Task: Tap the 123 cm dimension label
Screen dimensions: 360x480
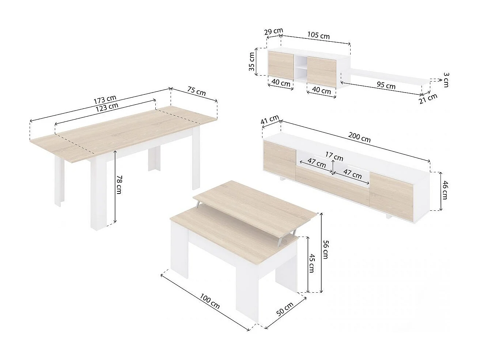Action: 107,107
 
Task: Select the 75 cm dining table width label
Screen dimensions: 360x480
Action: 196,91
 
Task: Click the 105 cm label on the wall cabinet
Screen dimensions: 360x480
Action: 318,35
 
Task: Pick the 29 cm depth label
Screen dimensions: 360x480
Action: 273,31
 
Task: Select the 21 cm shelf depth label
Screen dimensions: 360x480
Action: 428,99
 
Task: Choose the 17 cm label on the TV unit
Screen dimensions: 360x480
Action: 335,157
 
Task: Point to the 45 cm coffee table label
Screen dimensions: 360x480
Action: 311,263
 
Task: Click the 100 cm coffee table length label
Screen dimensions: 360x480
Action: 210,300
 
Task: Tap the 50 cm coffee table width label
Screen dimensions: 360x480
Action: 285,310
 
